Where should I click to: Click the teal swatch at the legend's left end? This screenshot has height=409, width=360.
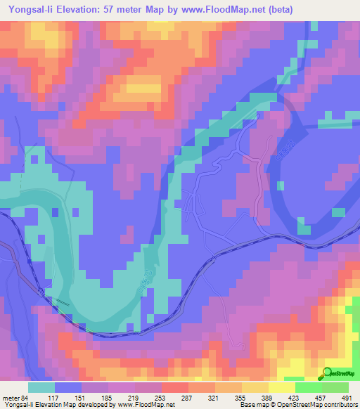[41, 387]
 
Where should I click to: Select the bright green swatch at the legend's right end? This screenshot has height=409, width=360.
[335, 387]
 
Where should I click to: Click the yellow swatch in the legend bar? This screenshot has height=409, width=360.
[282, 387]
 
